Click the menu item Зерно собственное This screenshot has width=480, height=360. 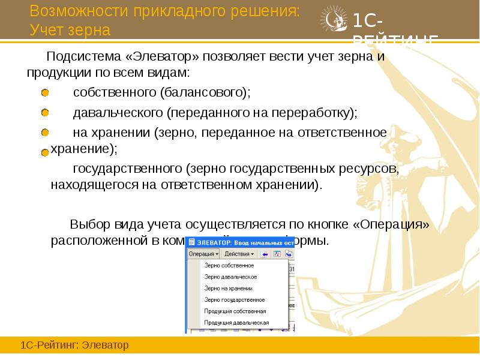229,265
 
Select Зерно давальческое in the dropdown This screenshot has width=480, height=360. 230,277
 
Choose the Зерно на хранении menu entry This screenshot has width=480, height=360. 228,288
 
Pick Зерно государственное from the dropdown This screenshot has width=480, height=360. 234,299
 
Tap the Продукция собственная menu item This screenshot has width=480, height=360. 235,311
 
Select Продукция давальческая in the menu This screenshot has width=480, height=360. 236,322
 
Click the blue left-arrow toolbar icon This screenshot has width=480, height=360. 265,253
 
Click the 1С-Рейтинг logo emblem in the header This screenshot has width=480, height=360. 334,22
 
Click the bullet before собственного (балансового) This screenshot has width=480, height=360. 45,93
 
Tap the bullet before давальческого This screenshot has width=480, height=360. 45,113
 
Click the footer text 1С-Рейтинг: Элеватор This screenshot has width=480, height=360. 75,346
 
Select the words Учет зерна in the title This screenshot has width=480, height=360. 70,29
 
